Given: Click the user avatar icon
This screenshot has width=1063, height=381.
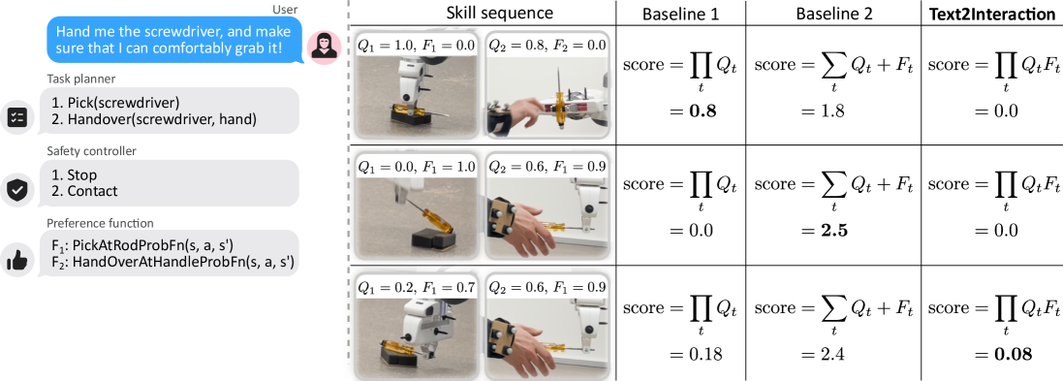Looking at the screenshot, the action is (324, 48).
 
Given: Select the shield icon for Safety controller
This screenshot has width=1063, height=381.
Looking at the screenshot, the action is (16, 189).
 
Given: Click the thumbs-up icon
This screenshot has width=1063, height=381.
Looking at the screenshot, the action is (16, 261).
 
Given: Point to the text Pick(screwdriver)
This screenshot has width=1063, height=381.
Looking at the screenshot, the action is (114, 103).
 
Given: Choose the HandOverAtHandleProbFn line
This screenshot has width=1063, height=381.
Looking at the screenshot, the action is (173, 263).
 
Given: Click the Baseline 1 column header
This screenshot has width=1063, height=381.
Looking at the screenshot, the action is (672, 13).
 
